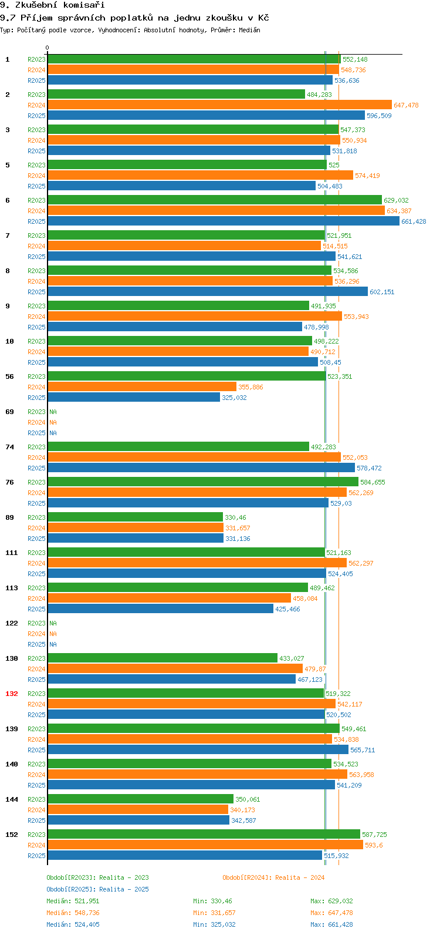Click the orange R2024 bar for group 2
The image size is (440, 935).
point(219,105)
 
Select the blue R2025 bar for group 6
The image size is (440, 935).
point(224,221)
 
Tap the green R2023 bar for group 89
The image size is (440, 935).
point(135,517)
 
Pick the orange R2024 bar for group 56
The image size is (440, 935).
point(142,387)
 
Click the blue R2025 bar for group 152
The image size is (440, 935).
point(185,856)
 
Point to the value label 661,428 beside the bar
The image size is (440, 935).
point(414,221)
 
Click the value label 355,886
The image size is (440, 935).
point(251,387)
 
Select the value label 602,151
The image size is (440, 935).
point(382,292)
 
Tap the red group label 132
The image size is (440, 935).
point(12,694)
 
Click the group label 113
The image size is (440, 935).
point(12,588)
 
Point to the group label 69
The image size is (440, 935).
point(10,412)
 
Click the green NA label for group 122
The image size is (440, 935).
point(53,623)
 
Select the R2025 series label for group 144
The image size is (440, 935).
point(36,820)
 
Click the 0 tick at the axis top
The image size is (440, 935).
point(48,48)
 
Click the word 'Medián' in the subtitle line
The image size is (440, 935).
point(249,30)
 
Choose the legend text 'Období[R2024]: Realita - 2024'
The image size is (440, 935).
point(273,877)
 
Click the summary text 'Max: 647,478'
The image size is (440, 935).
point(331,913)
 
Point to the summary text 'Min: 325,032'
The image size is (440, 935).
point(214,924)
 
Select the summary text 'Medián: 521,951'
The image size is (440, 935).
point(73,901)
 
